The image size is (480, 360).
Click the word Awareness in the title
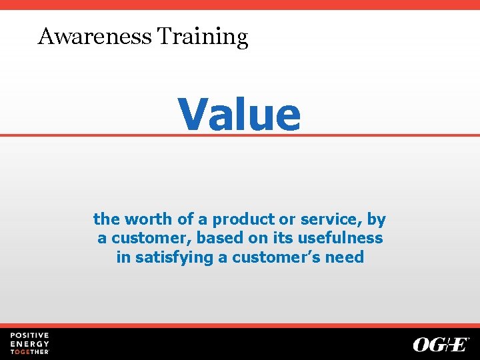pyautogui.click(x=95, y=36)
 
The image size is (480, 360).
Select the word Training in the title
pyautogui.click(x=202, y=37)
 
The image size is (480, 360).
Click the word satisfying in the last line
pyautogui.click(x=175, y=257)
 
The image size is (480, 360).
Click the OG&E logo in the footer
pyautogui.click(x=441, y=344)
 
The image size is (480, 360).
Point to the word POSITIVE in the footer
pyautogui.click(x=29, y=335)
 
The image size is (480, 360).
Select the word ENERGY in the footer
pyautogui.click(x=29, y=343)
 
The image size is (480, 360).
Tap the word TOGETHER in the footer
pyautogui.click(x=29, y=351)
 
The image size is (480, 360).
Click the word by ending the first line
pyautogui.click(x=377, y=219)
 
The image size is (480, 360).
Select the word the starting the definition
pyautogui.click(x=105, y=219)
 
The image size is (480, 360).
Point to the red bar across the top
pyautogui.click(x=240, y=5)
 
